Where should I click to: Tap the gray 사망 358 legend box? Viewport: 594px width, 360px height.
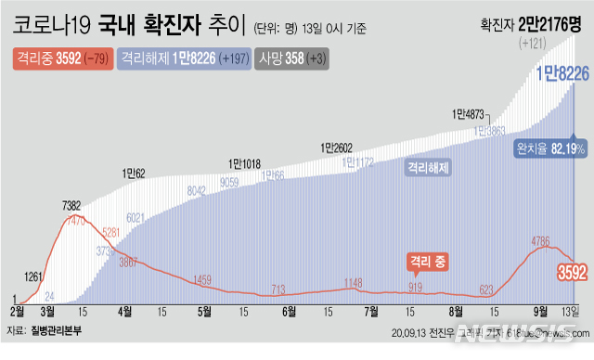(x=294, y=58)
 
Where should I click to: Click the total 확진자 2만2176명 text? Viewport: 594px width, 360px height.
(x=530, y=24)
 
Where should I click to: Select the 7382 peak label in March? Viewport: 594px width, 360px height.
(x=76, y=205)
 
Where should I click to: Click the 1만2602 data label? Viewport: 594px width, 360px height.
(x=338, y=147)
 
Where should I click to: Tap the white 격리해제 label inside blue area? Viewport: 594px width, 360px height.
(x=427, y=169)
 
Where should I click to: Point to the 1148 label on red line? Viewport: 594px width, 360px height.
(x=353, y=282)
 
